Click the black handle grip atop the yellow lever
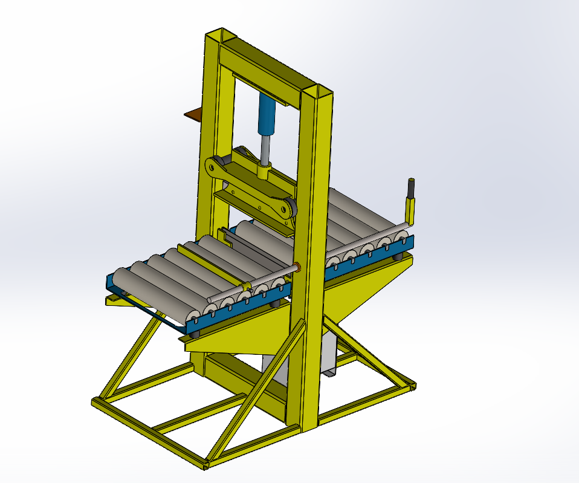click(x=412, y=188)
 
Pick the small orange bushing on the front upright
click(x=298, y=267)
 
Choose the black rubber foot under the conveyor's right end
click(x=396, y=258)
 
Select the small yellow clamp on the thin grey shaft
click(x=246, y=285)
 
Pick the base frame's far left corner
click(x=96, y=402)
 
